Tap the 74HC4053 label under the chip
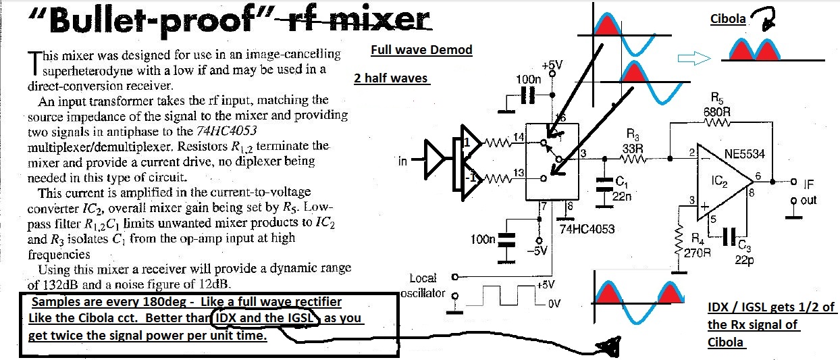[x=587, y=229]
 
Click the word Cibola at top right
[x=728, y=20]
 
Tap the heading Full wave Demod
[x=421, y=51]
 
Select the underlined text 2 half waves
[x=390, y=78]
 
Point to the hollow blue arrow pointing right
[x=693, y=60]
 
